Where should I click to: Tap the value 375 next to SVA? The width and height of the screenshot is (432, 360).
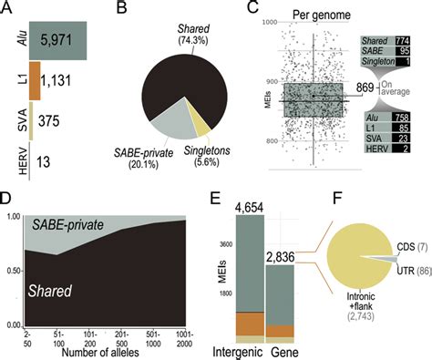tap(57, 123)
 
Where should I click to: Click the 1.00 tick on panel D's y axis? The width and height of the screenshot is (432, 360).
tap(14, 216)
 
